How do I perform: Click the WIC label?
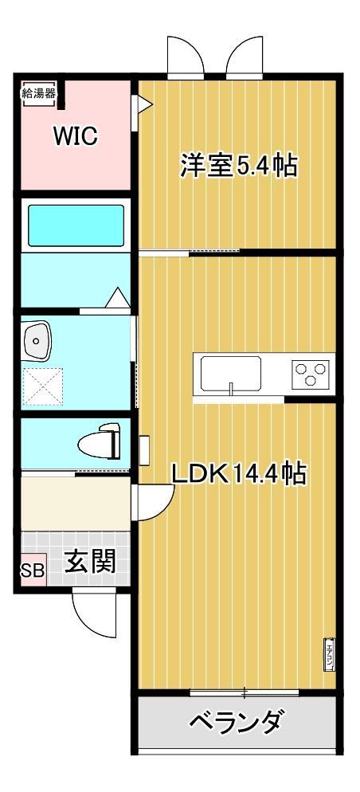click(x=75, y=136)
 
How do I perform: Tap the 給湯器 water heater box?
click(x=38, y=92)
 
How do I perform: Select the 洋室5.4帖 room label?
click(x=238, y=167)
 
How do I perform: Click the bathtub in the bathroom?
click(x=76, y=225)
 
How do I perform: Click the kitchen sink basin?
click(x=230, y=372)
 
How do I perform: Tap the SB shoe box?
click(x=33, y=572)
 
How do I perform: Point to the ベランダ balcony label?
click(x=236, y=723)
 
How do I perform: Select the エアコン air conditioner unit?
click(x=327, y=655)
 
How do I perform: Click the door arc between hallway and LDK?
click(x=154, y=502)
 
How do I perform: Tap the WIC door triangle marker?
click(x=144, y=104)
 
